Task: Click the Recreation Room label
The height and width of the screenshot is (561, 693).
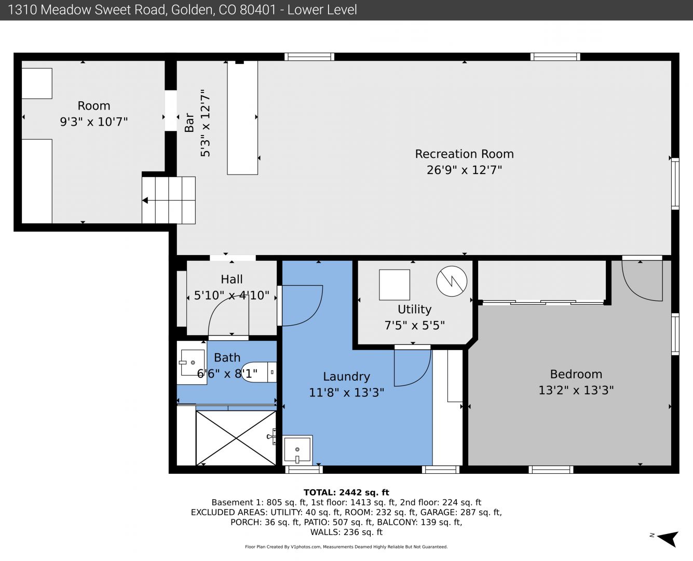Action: click(x=464, y=154)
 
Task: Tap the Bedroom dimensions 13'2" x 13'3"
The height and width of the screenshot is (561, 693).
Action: click(x=576, y=390)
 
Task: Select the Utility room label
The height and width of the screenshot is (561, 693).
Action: click(x=414, y=309)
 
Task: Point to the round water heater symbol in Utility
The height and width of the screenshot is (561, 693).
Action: click(x=452, y=281)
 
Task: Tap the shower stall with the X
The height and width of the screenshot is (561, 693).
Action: click(x=236, y=438)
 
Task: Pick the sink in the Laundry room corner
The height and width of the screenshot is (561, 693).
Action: click(x=297, y=450)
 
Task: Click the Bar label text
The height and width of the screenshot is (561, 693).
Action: click(x=189, y=123)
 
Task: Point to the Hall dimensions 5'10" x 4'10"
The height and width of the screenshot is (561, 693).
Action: click(x=232, y=296)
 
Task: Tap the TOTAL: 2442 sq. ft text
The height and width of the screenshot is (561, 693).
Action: click(x=346, y=492)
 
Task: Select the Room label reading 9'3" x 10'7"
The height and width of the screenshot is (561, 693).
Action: click(x=94, y=122)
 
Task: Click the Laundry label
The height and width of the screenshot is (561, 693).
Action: click(x=346, y=377)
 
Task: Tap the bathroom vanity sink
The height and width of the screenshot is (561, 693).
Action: click(x=192, y=363)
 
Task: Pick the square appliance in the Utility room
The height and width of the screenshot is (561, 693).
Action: click(x=395, y=285)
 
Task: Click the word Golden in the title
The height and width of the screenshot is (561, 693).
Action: click(x=192, y=10)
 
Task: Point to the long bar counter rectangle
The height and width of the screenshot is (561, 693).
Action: click(x=242, y=117)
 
